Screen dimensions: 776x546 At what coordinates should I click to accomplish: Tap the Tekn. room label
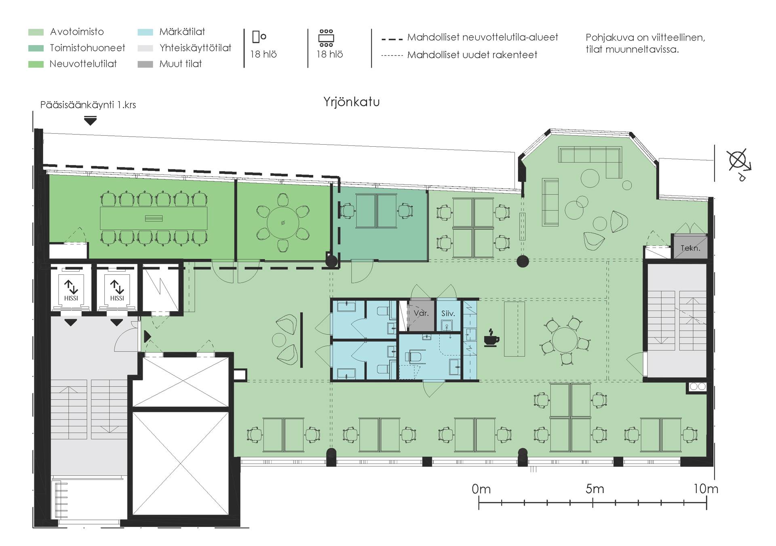[690, 248]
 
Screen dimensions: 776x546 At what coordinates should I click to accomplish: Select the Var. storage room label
[421, 313]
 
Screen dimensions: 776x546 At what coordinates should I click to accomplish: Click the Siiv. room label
[448, 313]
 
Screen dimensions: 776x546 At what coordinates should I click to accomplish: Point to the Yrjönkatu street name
[351, 102]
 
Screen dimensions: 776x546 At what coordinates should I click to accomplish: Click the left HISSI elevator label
[71, 298]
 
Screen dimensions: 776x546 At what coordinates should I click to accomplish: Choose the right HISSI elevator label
[117, 298]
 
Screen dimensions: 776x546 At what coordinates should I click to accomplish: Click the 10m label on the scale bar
[706, 489]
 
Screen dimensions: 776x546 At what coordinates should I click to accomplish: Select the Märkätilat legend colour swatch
[145, 32]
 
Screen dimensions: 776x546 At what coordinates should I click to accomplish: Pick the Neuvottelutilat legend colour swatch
[36, 64]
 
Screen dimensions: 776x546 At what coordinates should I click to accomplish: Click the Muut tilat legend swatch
[145, 64]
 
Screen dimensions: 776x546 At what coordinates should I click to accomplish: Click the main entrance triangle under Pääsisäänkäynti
[90, 120]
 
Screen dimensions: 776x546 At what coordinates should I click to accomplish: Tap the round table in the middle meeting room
[283, 223]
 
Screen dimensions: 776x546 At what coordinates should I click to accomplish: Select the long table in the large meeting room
[154, 219]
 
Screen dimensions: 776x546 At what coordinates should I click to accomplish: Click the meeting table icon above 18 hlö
[326, 38]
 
